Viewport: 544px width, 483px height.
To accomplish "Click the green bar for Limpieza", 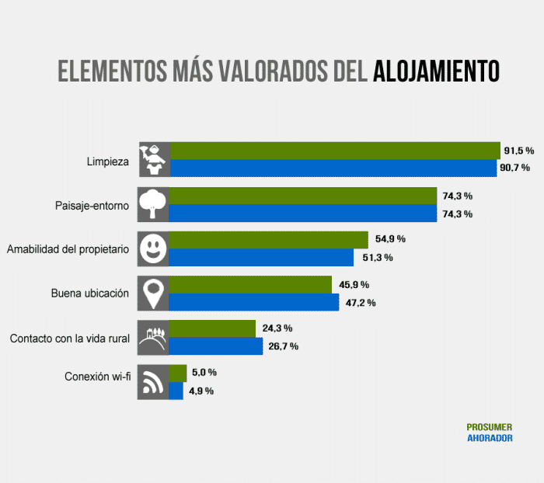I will pos(334,151).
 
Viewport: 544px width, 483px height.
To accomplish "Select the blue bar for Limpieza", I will pos(333,169).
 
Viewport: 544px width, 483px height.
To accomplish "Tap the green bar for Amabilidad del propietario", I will pos(268,240).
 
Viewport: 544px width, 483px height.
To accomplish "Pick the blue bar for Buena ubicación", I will pos(254,302).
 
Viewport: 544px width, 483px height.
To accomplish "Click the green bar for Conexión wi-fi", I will pos(178,373).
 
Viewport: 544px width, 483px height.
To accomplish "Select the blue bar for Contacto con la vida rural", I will pos(216,346).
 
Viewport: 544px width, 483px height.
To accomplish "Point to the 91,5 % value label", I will pos(518,150).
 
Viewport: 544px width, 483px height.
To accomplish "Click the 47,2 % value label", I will pos(361,303).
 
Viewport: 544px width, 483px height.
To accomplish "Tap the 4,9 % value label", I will pos(201,391).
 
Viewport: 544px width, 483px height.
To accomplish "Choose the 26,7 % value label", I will pos(284,346).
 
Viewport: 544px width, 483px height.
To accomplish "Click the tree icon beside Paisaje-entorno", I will pos(153,204).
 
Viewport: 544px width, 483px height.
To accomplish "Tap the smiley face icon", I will pos(153,248).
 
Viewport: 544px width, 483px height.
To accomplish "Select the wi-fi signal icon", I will pos(153,382).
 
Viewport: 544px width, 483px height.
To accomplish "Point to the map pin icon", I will pos(153,294).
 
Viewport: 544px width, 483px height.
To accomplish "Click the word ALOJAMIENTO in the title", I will pos(436,71).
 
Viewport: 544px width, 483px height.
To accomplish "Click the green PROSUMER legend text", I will pos(490,427).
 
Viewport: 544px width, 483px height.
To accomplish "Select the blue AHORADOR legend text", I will pos(490,438).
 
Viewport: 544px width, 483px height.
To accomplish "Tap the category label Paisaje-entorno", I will pos(86,206).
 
